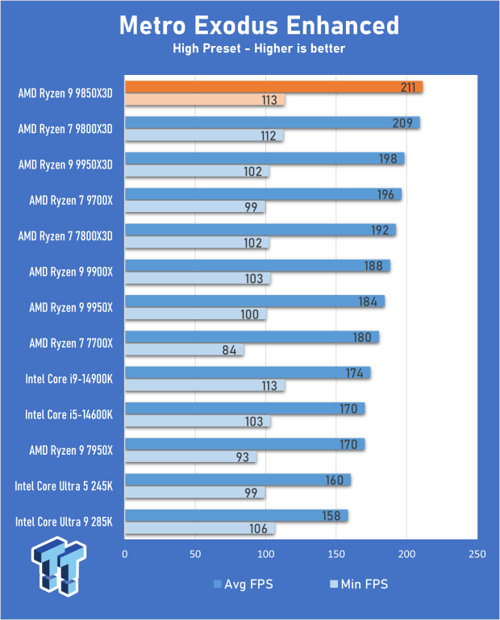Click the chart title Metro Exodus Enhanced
pyautogui.click(x=259, y=25)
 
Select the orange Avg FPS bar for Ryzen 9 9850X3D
pyautogui.click(x=274, y=86)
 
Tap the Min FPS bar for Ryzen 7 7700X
pyautogui.click(x=184, y=350)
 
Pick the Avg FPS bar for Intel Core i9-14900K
pyautogui.click(x=248, y=372)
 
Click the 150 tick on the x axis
pyautogui.click(x=336, y=555)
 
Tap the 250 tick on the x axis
pyautogui.click(x=477, y=555)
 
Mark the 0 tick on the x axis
pyautogui.click(x=125, y=555)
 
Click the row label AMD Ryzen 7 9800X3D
pyautogui.click(x=65, y=128)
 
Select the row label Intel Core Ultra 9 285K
pyautogui.click(x=64, y=522)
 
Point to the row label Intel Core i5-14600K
pyautogui.click(x=69, y=414)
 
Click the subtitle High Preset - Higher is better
pyautogui.click(x=259, y=49)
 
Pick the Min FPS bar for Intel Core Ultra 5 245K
pyautogui.click(x=194, y=493)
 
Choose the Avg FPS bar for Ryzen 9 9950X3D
pyautogui.click(x=265, y=159)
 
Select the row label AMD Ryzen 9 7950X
pyautogui.click(x=71, y=450)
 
